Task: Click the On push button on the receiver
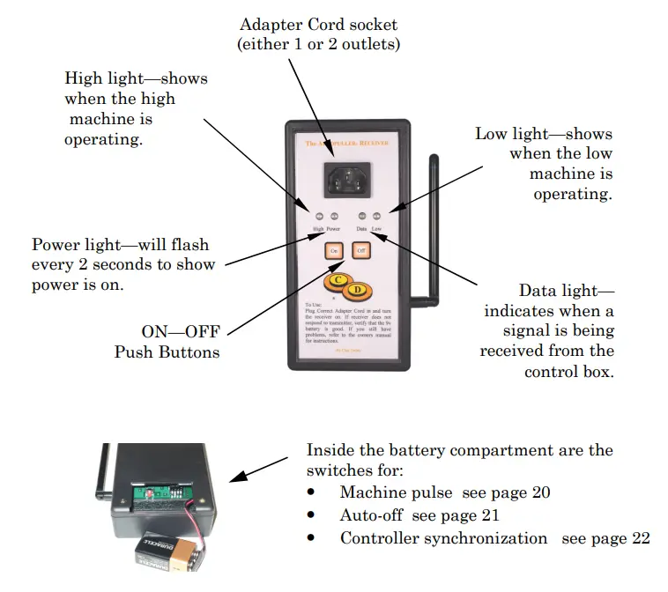tap(334, 250)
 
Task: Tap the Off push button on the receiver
tap(360, 250)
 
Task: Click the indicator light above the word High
tap(321, 215)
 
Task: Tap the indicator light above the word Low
tap(376, 215)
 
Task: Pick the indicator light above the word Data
tap(361, 215)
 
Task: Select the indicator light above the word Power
tap(335, 215)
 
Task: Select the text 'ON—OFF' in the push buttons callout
tap(182, 332)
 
